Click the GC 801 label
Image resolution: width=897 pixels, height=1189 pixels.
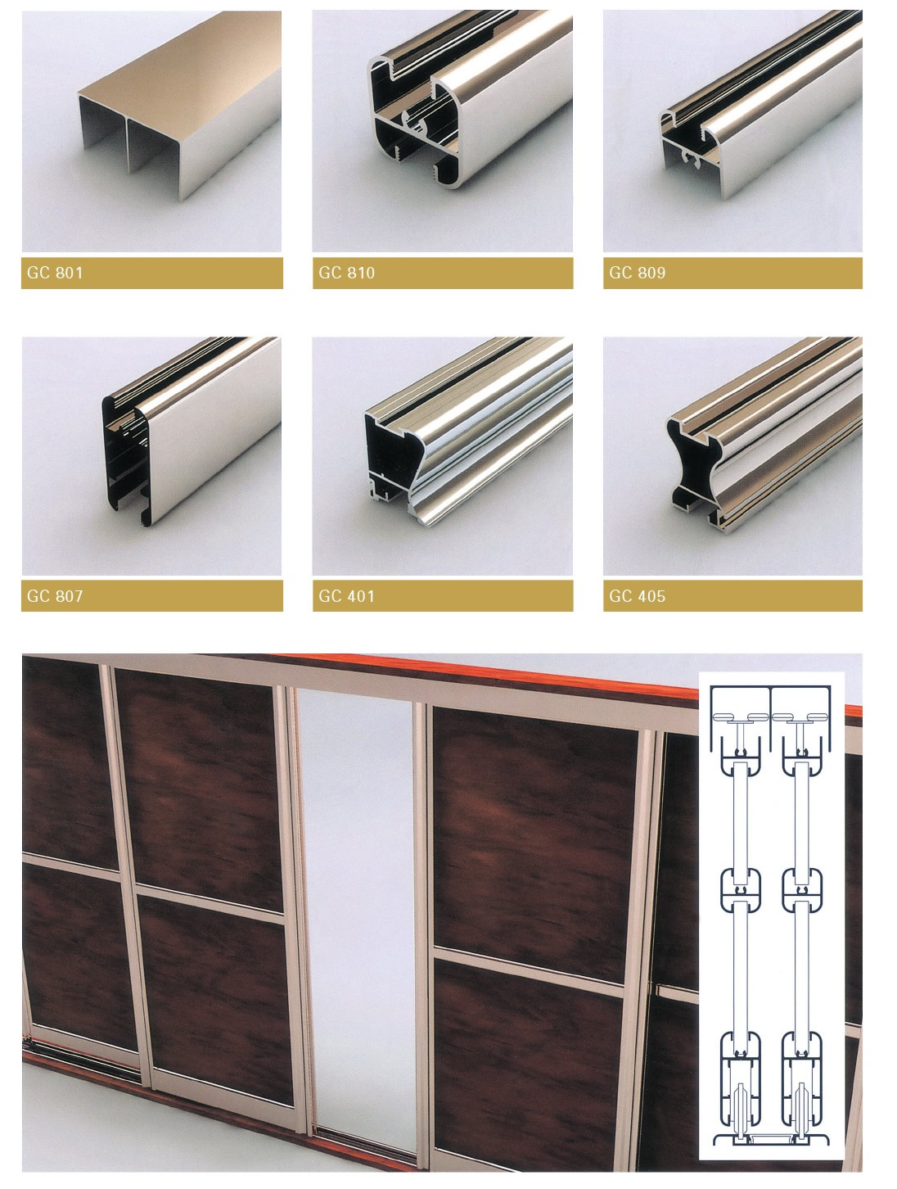55,273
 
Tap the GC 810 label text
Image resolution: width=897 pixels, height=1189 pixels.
346,273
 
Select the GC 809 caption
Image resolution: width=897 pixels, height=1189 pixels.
638,273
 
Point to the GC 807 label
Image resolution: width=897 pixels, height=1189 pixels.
55,596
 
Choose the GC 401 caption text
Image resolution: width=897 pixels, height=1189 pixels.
346,596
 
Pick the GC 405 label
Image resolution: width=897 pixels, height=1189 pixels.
638,596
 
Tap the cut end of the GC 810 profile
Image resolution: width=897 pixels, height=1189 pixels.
414,128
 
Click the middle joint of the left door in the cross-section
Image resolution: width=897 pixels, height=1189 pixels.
741,890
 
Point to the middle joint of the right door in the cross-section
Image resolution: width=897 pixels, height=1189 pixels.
802,890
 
